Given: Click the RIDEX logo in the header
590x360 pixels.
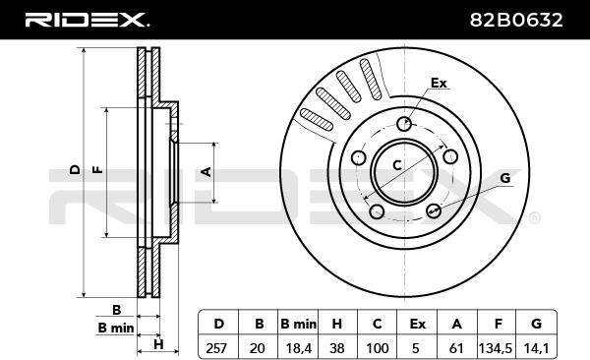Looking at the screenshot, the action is click(x=87, y=20).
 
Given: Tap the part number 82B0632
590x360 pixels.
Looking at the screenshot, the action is click(x=516, y=20).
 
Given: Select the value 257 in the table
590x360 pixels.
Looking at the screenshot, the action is click(x=216, y=348).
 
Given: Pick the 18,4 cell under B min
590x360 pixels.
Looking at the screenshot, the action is click(x=299, y=349).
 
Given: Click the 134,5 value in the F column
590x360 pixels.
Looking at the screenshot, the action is click(x=496, y=349).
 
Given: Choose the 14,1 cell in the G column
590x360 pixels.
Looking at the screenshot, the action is click(x=537, y=349).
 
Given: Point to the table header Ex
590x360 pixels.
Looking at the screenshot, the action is click(x=417, y=324).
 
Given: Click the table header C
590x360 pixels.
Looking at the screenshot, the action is click(x=377, y=324).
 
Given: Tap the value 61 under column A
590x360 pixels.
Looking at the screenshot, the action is click(x=456, y=348).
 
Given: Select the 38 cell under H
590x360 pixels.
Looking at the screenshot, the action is click(x=336, y=348).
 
